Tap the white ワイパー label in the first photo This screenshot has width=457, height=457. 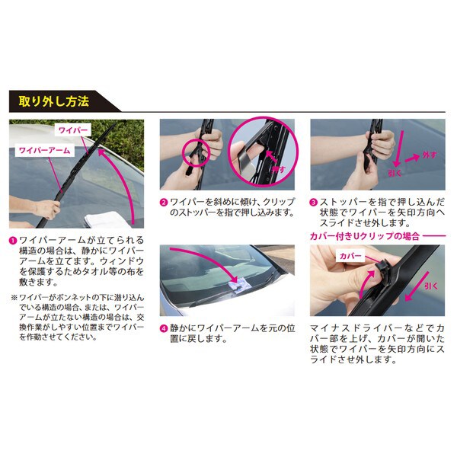[x=75, y=131]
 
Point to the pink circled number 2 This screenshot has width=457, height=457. [x=164, y=203]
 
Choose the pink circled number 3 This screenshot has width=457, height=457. [x=313, y=203]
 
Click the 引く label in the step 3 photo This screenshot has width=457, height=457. [x=396, y=174]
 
